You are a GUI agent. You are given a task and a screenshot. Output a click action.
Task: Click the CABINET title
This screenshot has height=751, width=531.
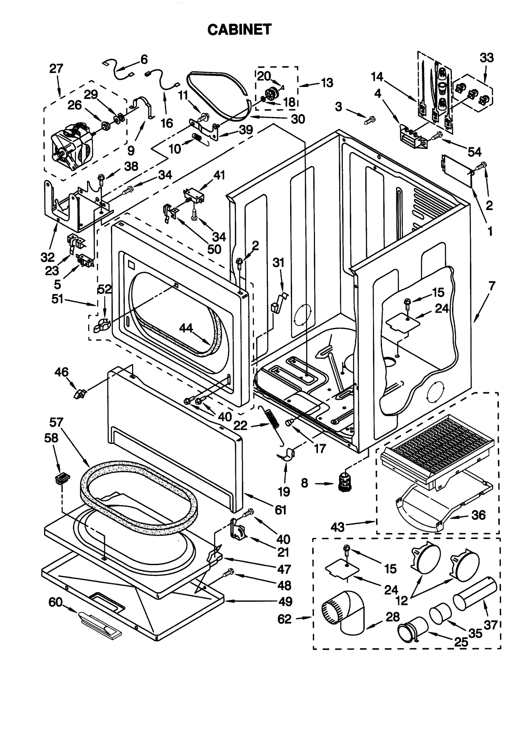[x=239, y=30]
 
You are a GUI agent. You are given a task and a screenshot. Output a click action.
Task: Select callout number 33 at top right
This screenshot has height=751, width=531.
[x=486, y=58]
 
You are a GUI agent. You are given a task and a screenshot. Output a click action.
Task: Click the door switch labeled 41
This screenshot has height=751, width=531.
[x=194, y=197]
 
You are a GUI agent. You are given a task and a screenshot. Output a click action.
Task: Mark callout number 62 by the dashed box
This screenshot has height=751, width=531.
[x=284, y=619]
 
